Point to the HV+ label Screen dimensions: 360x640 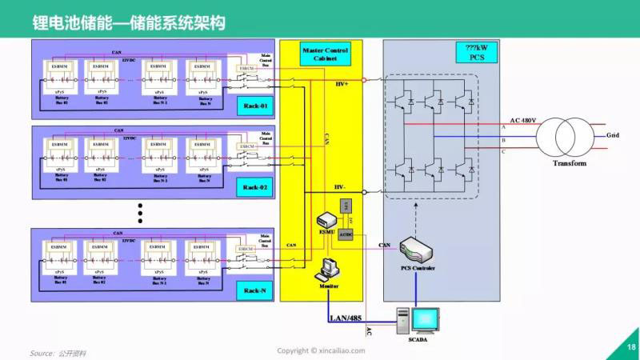[342, 84]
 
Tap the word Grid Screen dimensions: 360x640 [613, 135]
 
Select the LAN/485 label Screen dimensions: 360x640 [346, 318]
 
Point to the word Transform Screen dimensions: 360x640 [569, 163]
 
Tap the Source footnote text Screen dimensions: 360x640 [58, 352]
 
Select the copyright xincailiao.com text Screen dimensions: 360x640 [321, 350]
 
